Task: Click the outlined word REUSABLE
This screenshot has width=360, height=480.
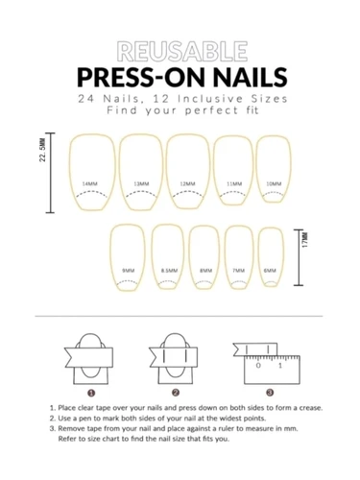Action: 182,51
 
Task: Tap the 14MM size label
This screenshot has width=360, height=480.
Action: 90,184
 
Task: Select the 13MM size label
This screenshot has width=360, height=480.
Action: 141,184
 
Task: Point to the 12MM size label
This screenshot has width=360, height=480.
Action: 187,184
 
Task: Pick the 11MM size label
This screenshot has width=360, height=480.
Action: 234,184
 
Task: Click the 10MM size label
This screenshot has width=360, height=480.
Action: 274,184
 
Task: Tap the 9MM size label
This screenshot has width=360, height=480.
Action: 129,271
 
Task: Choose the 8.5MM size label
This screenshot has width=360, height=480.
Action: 169,271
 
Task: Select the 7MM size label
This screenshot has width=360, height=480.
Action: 239,271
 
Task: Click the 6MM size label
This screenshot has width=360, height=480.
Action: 270,271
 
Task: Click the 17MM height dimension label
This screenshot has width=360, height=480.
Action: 305,240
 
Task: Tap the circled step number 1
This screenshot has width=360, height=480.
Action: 91,393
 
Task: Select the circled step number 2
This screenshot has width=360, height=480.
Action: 176,393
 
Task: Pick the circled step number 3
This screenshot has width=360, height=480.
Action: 270,393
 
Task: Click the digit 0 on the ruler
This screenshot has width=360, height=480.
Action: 258,366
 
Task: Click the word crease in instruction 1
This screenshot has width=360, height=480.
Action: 311,408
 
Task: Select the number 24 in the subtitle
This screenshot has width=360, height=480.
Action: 86,99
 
